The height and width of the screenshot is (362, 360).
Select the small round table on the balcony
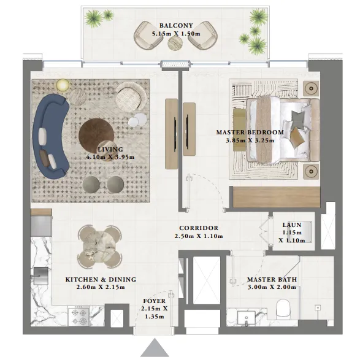(x=176, y=43)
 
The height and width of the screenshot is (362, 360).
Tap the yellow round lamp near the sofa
(x=63, y=85)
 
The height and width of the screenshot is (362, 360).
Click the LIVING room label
(x=110, y=149)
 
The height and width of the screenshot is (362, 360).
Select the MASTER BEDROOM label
(x=250, y=132)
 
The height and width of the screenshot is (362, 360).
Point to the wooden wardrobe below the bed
(x=275, y=198)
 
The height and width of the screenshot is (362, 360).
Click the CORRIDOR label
(x=199, y=228)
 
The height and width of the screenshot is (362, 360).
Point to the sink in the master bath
(x=248, y=318)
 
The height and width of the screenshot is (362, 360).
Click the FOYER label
(x=155, y=301)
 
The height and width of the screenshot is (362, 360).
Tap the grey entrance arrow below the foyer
(x=155, y=348)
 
